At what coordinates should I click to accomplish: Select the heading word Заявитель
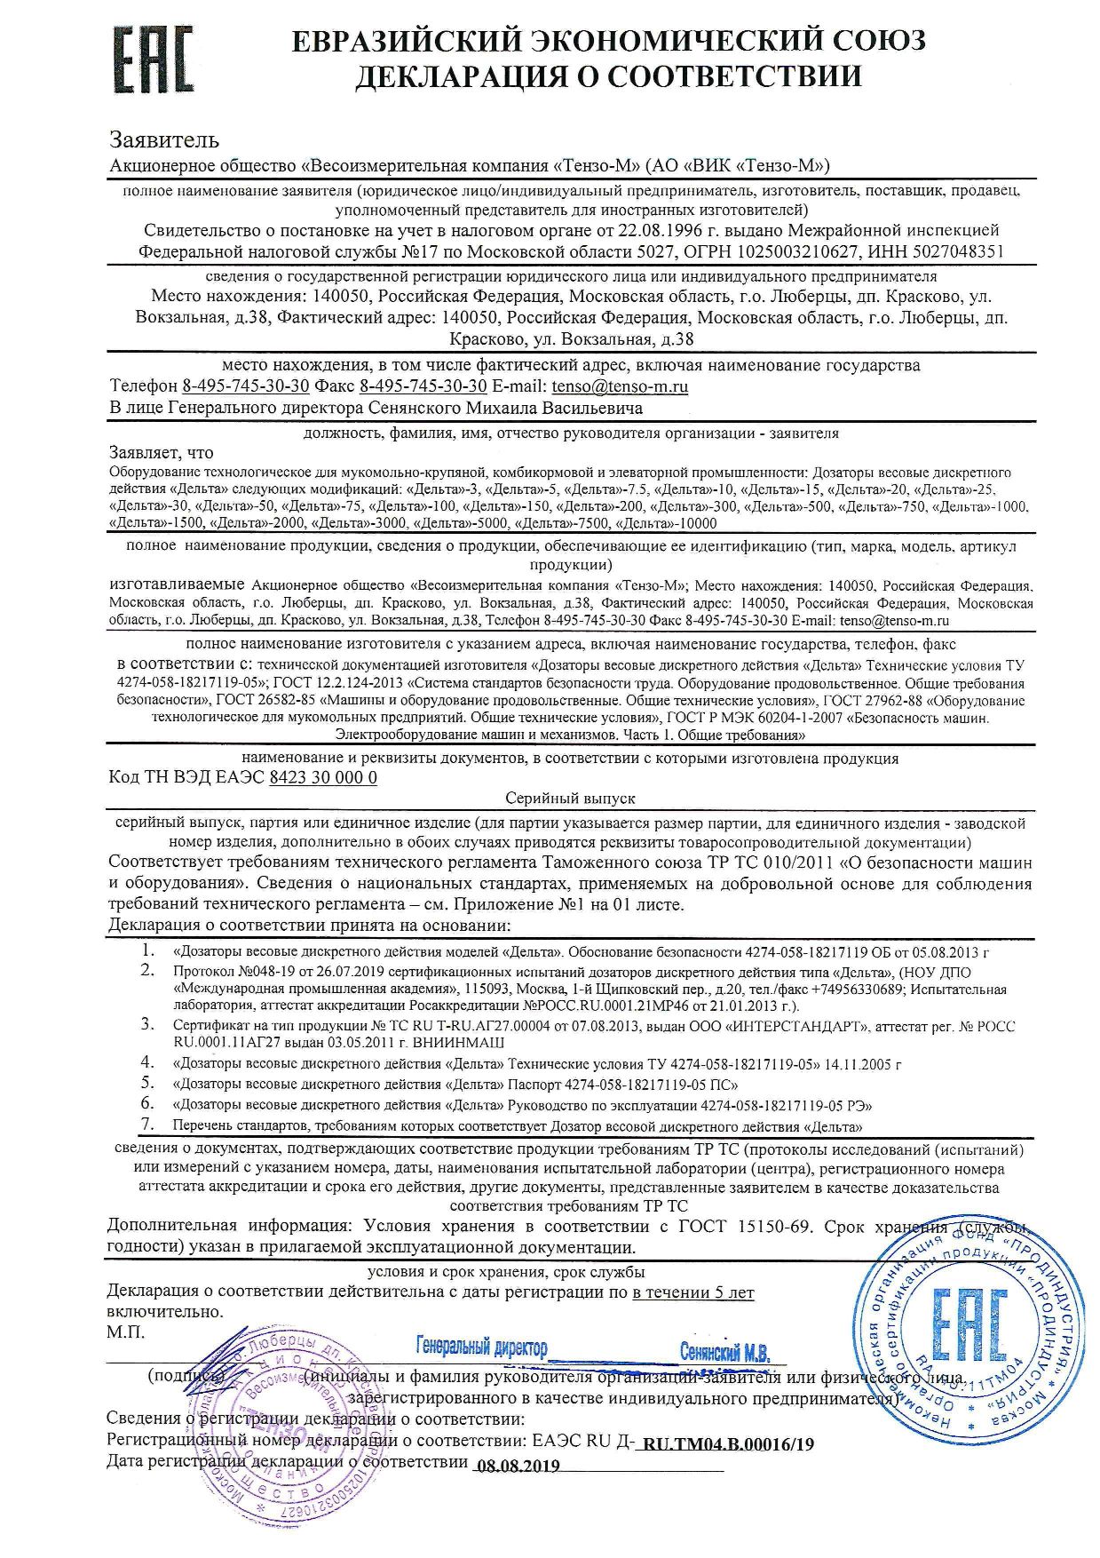[163, 139]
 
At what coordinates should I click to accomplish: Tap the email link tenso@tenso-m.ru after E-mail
[619, 386]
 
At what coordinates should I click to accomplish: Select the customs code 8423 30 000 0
[322, 777]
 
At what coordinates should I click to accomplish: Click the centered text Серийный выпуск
[569, 799]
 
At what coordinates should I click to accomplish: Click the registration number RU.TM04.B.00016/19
[727, 1443]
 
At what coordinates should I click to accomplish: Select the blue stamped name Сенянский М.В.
[724, 1354]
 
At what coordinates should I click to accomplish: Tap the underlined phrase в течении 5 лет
[692, 1292]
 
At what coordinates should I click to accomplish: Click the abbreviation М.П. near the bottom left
[125, 1332]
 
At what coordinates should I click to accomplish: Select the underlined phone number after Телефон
[245, 386]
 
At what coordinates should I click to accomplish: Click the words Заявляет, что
[161, 452]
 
